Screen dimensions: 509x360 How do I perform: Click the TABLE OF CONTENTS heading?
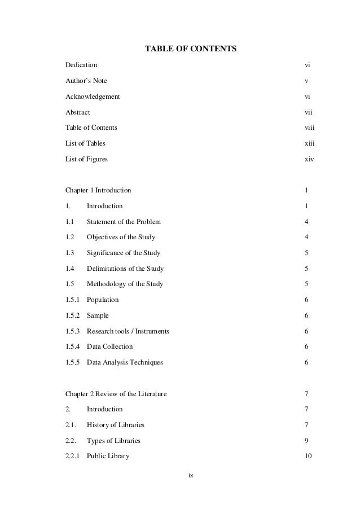pyautogui.click(x=191, y=50)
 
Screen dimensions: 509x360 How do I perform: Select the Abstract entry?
pyautogui.click(x=78, y=112)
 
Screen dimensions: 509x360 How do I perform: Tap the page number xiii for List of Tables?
pyautogui.click(x=309, y=143)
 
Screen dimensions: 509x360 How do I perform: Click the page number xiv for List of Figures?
pyautogui.click(x=309, y=159)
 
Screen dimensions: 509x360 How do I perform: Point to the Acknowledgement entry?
pyautogui.click(x=93, y=96)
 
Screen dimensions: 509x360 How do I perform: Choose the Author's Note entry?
pyautogui.click(x=86, y=81)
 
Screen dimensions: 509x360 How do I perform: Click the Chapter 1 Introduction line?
pyautogui.click(x=98, y=190)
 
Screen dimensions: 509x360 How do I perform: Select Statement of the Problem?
pyautogui.click(x=124, y=222)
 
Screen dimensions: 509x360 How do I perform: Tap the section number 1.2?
pyautogui.click(x=71, y=237)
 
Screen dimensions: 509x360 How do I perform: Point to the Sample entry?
pyautogui.click(x=98, y=315)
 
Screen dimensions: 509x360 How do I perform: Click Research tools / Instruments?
pyautogui.click(x=128, y=331)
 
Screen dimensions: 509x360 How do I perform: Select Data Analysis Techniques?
pyautogui.click(x=125, y=362)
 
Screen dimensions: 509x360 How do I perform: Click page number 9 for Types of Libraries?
pyautogui.click(x=306, y=440)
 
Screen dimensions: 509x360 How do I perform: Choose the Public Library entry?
pyautogui.click(x=108, y=456)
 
